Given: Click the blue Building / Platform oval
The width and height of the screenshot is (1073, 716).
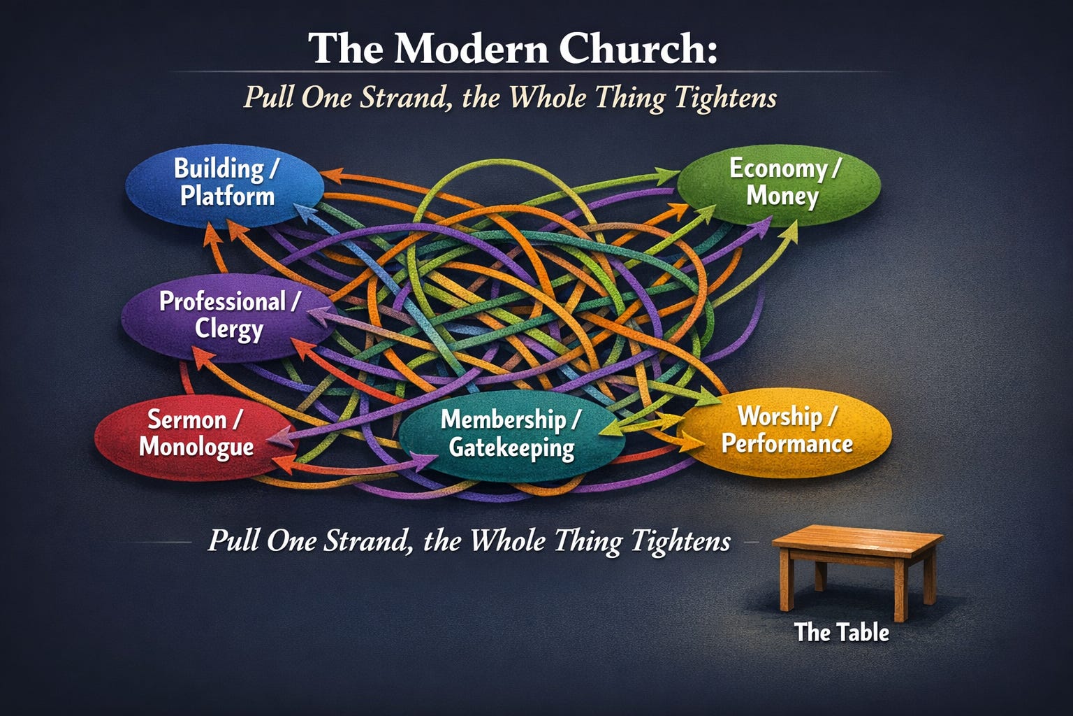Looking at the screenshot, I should pyautogui.click(x=225, y=183).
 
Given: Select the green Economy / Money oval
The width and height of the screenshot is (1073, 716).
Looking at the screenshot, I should pyautogui.click(x=779, y=183).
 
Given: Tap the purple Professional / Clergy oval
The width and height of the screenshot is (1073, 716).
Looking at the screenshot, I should pyautogui.click(x=227, y=316).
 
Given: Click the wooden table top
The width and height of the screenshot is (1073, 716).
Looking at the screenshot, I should pyautogui.click(x=858, y=540).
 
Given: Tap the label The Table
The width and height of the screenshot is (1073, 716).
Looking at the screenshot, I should pyautogui.click(x=842, y=632).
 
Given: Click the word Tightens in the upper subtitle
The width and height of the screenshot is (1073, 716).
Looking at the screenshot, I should pyautogui.click(x=726, y=97).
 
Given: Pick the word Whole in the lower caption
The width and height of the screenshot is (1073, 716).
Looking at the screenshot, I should pyautogui.click(x=508, y=541).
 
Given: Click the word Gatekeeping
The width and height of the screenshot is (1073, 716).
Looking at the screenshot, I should pyautogui.click(x=511, y=448).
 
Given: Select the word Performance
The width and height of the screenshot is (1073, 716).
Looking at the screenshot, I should pyautogui.click(x=787, y=444).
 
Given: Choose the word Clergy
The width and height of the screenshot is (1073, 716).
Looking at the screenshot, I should pyautogui.click(x=229, y=329).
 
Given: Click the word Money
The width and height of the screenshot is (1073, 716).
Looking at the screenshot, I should pyautogui.click(x=782, y=196).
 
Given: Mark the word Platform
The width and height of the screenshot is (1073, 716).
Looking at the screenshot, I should pyautogui.click(x=228, y=196).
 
